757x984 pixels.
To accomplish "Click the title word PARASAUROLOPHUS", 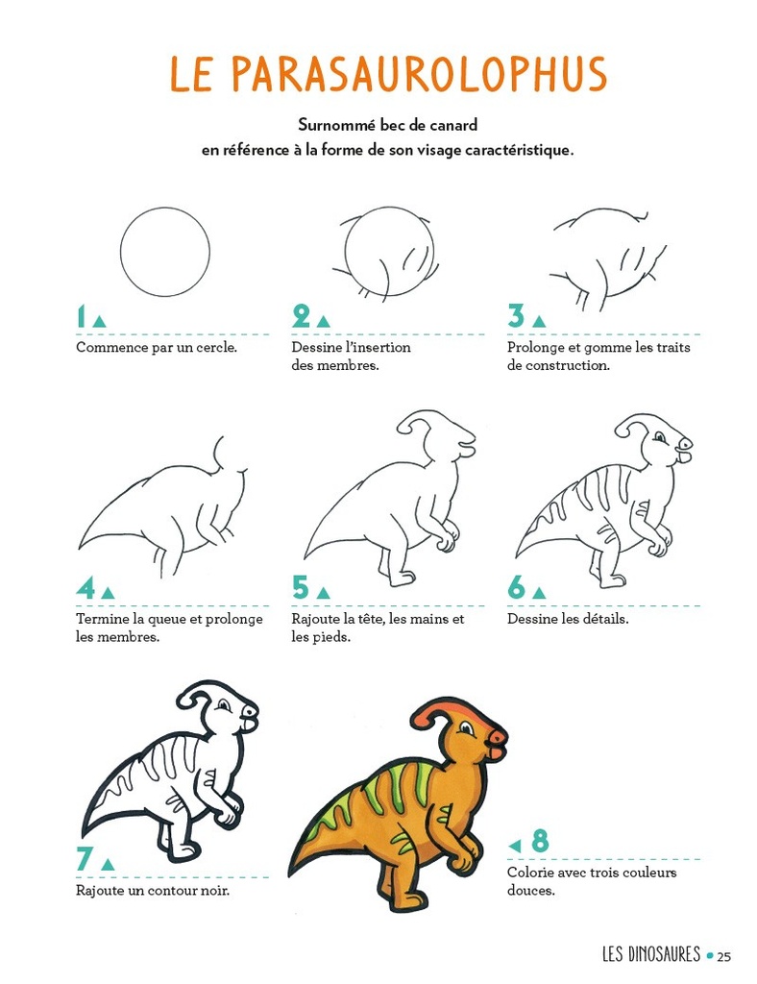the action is click(x=420, y=74).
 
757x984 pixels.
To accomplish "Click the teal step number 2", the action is click(x=301, y=316).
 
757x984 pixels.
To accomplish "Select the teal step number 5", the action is click(x=301, y=588).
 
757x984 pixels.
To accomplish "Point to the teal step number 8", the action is click(x=540, y=841).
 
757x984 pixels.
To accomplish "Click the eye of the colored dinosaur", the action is click(x=466, y=728).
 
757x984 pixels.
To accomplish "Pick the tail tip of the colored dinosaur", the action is click(x=292, y=873).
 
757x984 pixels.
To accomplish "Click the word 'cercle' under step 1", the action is click(x=216, y=347).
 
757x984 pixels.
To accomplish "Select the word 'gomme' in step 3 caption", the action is click(x=608, y=348).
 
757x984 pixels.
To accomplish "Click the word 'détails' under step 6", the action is click(x=605, y=619).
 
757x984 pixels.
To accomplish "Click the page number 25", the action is click(x=723, y=957).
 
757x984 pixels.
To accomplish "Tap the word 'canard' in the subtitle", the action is click(x=454, y=125).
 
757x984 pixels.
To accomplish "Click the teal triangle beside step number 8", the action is click(x=515, y=846).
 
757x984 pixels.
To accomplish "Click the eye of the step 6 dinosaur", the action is click(x=659, y=436).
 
